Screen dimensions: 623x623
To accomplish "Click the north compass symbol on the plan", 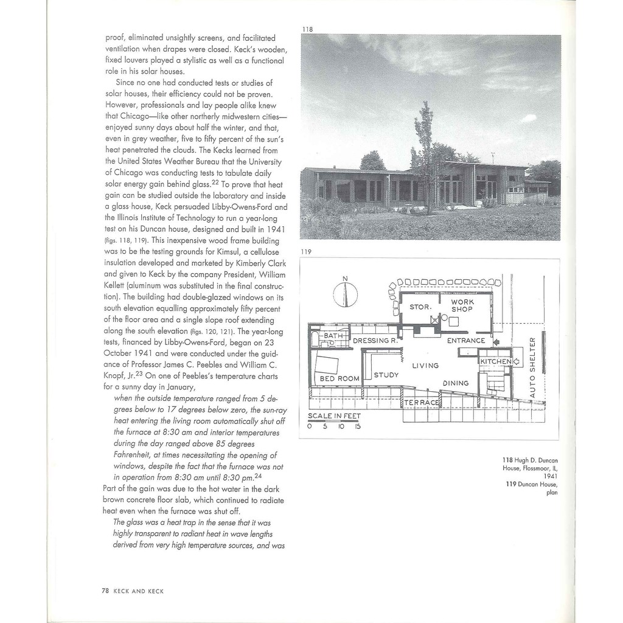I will click(345, 294).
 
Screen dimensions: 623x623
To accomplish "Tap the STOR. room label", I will click(420, 307).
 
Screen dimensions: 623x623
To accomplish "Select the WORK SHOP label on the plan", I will click(462, 305).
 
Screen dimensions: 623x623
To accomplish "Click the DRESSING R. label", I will click(375, 341).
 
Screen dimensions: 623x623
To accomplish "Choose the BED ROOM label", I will click(339, 378).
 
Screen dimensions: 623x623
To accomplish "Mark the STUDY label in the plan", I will click(386, 375).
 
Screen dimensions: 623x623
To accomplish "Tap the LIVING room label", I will click(425, 366).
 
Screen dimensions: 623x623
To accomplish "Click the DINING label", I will click(456, 383).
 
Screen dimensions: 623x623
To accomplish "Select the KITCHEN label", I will click(496, 361).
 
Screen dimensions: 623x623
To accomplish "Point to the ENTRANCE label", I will click(466, 341).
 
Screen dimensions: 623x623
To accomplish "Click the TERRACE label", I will click(422, 403).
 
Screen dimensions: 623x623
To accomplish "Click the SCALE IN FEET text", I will click(334, 416).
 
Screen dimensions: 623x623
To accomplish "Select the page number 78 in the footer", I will click(105, 591).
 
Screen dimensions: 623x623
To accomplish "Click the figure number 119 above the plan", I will click(306, 251).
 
